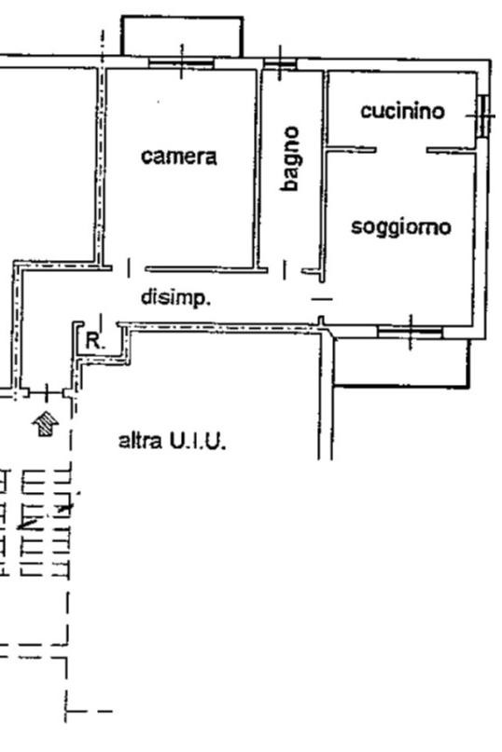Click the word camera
(x=179, y=157)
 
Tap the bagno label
(x=290, y=158)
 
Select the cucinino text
(x=402, y=111)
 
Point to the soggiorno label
(x=401, y=226)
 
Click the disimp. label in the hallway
(x=175, y=297)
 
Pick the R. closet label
(x=95, y=341)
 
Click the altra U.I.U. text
(x=172, y=441)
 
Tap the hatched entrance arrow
(x=45, y=423)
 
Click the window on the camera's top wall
(x=181, y=62)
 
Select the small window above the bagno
(x=280, y=63)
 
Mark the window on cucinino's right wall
(x=483, y=116)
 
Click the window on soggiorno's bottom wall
(x=410, y=332)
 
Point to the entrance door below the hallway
(x=46, y=393)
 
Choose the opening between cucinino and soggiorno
(x=401, y=151)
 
